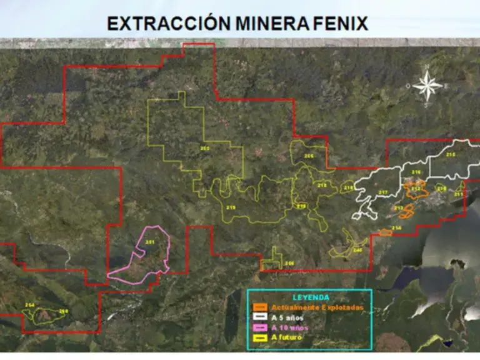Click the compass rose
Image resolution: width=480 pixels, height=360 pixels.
coord(427,86)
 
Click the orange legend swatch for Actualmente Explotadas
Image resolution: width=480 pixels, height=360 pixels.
coord(261,307)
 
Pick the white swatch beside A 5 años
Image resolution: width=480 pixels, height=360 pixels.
coord(261,317)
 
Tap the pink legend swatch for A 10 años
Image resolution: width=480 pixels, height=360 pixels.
coord(261,327)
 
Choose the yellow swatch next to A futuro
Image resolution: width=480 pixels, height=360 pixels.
coord(261,337)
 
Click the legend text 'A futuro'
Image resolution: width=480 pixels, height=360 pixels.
coord(287,337)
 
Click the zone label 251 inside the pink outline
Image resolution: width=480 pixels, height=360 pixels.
coord(149,242)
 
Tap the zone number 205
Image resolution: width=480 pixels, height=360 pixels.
coord(204,148)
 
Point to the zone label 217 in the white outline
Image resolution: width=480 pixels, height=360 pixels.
coord(383,192)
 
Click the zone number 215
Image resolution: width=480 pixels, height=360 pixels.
coord(451,154)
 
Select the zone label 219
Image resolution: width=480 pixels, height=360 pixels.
coord(231,207)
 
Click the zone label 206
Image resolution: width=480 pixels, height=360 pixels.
coord(289,263)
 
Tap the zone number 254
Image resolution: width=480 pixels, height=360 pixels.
coord(29,304)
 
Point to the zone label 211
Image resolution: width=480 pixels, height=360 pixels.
coord(459,194)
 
